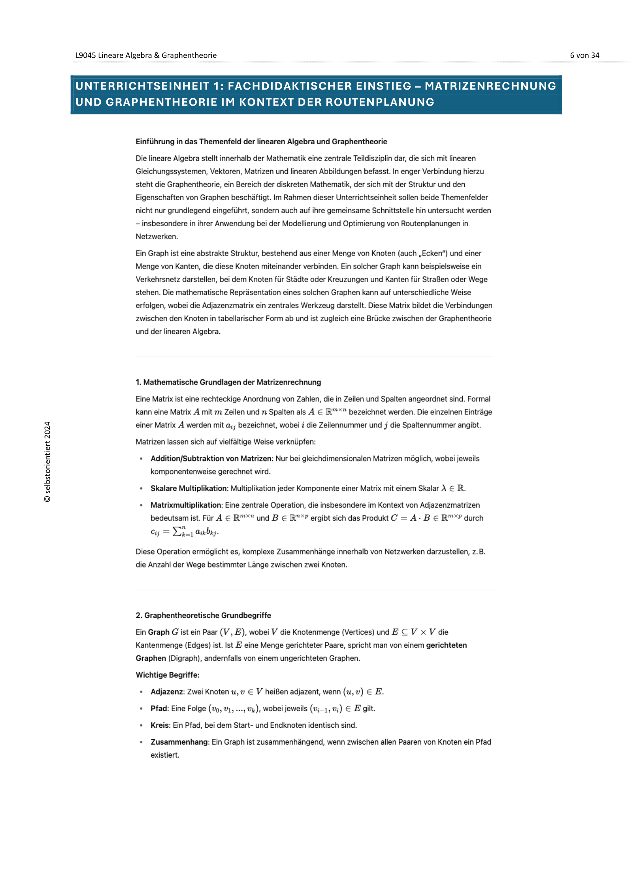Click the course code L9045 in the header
(x=85, y=55)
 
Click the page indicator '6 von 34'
(x=584, y=55)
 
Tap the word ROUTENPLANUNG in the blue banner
(x=380, y=102)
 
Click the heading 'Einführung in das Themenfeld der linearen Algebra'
(x=261, y=142)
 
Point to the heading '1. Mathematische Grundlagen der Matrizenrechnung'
(x=228, y=382)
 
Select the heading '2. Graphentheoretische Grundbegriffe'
(x=203, y=615)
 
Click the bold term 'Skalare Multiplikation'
(x=189, y=488)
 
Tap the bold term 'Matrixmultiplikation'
(x=186, y=505)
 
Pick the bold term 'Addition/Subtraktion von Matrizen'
(x=211, y=458)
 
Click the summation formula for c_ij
(x=185, y=531)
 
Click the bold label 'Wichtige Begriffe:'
(x=167, y=675)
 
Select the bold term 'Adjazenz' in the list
(x=166, y=691)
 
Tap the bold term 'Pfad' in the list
(x=159, y=708)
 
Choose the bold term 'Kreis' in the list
(x=160, y=725)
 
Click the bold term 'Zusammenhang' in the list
(x=179, y=742)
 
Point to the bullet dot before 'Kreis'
(x=141, y=725)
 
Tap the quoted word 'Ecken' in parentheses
(x=432, y=253)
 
